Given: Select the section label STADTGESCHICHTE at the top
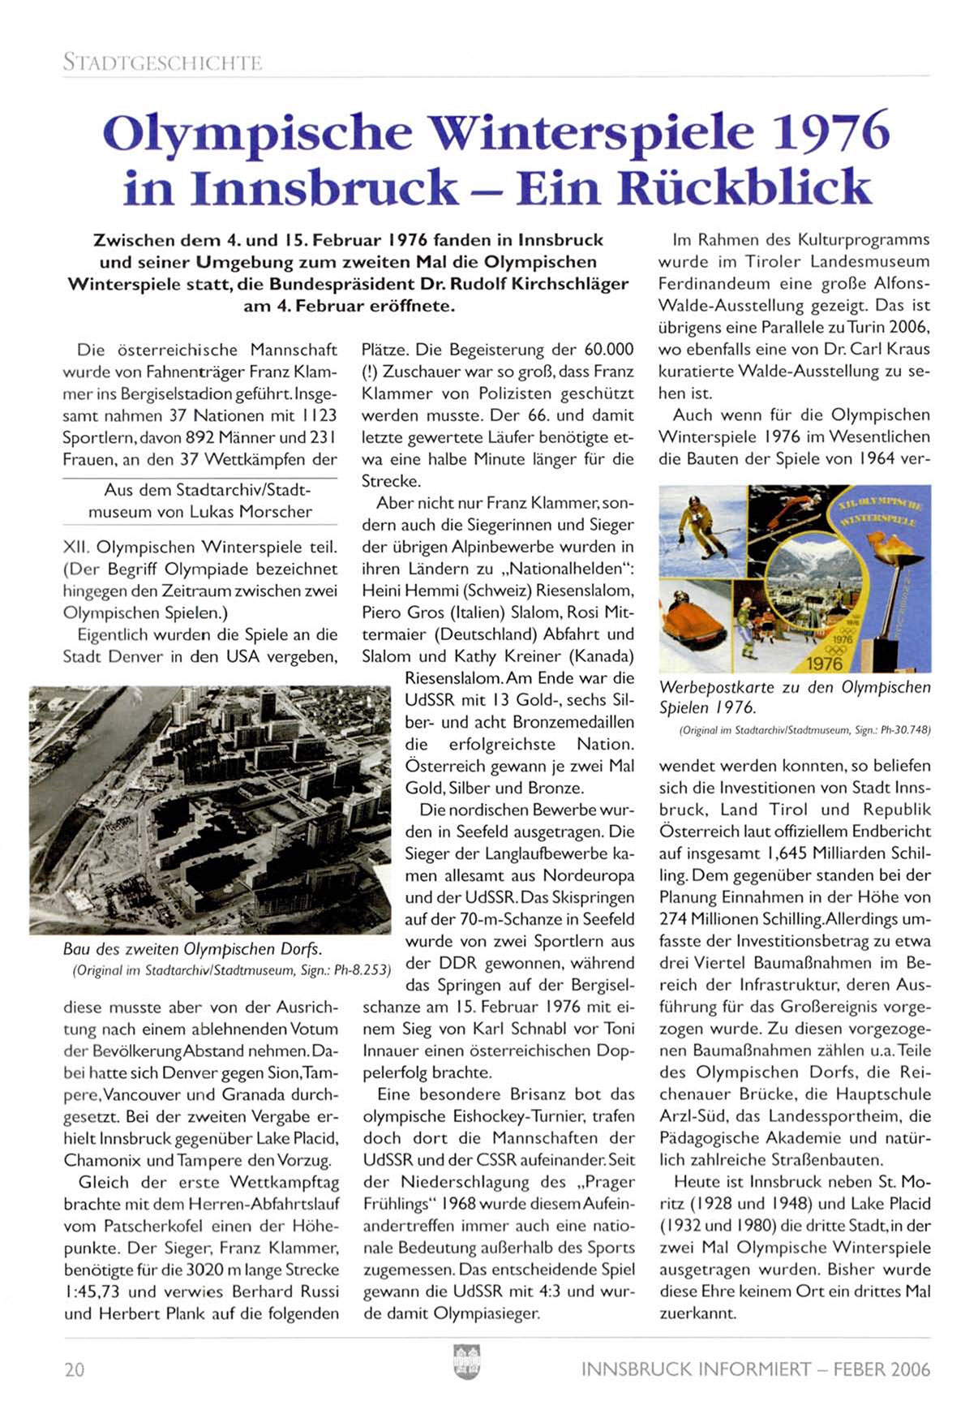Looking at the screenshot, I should pyautogui.click(x=162, y=62).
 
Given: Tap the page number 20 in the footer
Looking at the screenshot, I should pyautogui.click(x=74, y=1369).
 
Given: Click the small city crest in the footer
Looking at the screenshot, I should pyautogui.click(x=466, y=1362).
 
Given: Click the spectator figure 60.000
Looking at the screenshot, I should pyautogui.click(x=608, y=350).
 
